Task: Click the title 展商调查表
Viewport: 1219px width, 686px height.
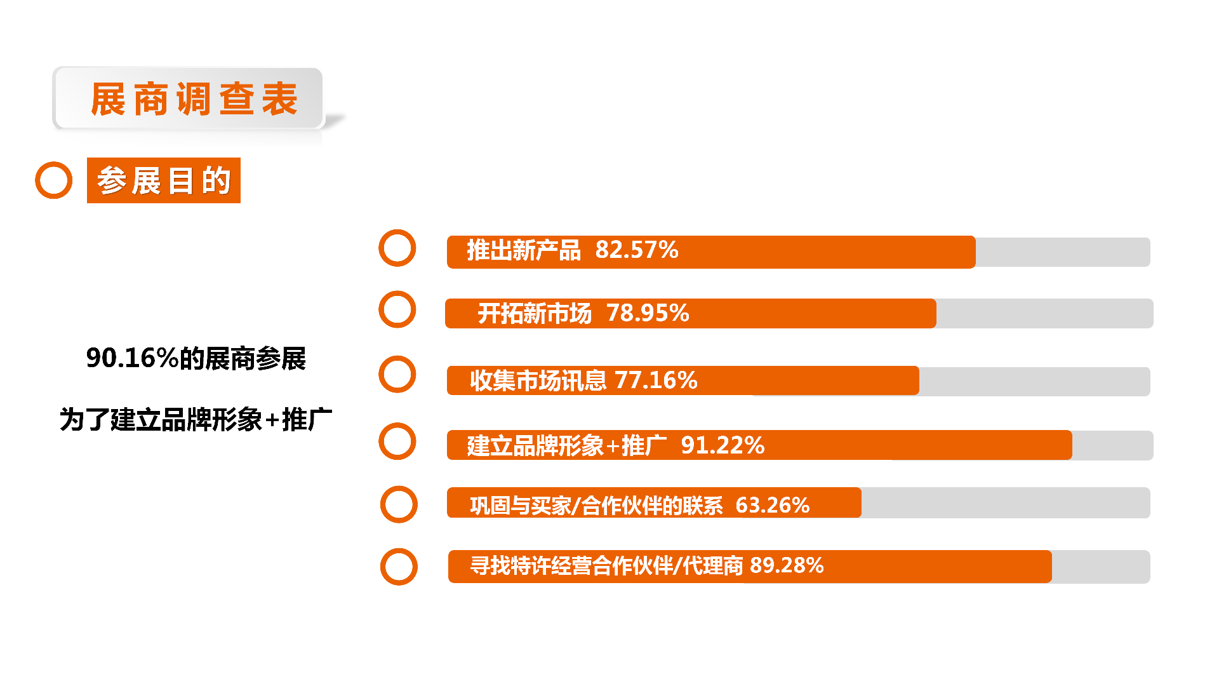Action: (194, 100)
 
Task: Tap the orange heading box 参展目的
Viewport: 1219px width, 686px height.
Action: (164, 180)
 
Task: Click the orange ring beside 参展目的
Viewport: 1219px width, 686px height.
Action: (54, 180)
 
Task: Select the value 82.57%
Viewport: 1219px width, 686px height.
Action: (636, 250)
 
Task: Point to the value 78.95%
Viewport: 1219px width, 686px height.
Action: (647, 313)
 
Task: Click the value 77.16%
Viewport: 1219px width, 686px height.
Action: (656, 380)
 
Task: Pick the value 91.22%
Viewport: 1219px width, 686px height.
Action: (722, 445)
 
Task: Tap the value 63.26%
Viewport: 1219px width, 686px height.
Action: (772, 506)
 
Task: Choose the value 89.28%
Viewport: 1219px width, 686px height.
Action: (786, 565)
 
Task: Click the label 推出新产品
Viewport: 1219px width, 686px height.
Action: (524, 251)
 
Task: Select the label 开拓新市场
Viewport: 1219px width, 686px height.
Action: (535, 314)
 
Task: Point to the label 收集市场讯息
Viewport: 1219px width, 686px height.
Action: (538, 381)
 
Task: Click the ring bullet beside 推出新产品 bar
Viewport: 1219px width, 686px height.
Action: (397, 248)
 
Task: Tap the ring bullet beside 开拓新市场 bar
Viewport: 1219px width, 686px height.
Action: (397, 310)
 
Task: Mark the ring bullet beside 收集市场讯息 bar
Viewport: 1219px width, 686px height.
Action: (397, 374)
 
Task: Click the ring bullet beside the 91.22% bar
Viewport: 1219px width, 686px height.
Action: (397, 441)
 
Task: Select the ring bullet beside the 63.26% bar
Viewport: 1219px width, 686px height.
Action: (399, 504)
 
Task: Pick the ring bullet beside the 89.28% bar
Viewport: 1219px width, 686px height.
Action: (399, 567)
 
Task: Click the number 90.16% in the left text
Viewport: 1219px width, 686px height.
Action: (132, 358)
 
